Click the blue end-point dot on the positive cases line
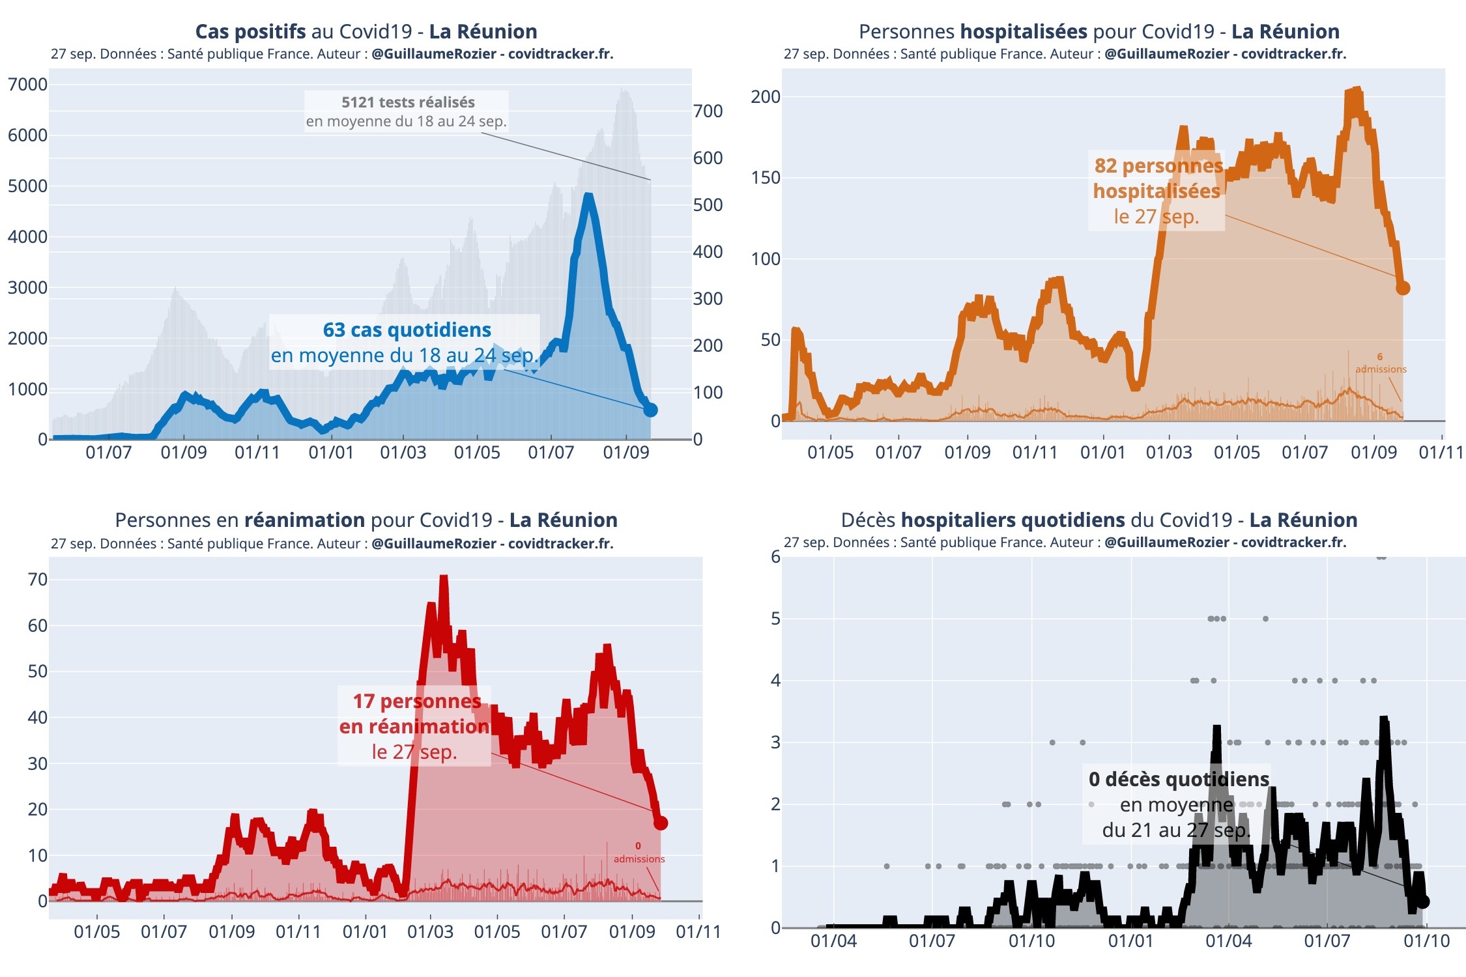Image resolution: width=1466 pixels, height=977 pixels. (x=650, y=410)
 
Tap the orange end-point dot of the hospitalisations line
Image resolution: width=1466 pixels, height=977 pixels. (x=1403, y=288)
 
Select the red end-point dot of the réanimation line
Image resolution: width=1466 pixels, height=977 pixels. (x=660, y=823)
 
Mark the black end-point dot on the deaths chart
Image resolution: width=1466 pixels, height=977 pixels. (x=1423, y=901)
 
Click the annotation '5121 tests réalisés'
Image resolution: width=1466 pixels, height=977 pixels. (x=408, y=102)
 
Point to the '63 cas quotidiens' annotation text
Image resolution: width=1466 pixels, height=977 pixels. (x=407, y=330)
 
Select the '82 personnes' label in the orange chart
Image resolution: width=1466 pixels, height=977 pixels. (x=1158, y=166)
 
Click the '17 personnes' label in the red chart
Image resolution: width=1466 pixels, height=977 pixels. (x=416, y=701)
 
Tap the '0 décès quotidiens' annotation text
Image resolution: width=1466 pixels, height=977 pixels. (x=1179, y=780)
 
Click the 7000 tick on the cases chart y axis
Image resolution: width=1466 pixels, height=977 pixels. (x=27, y=85)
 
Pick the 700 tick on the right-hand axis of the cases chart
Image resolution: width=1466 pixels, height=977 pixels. (x=708, y=111)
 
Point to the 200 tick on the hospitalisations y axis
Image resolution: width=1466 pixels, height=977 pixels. (x=765, y=97)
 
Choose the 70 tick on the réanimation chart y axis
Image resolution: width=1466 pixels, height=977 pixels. (x=38, y=580)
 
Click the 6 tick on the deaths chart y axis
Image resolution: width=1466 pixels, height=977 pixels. (x=775, y=557)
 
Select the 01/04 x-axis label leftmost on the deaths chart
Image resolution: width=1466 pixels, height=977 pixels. (x=833, y=941)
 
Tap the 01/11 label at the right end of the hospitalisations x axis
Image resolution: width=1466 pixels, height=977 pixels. (x=1441, y=453)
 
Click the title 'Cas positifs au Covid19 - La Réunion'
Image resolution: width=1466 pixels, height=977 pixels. (x=366, y=32)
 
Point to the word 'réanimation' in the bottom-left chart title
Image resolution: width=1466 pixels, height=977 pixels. (x=304, y=520)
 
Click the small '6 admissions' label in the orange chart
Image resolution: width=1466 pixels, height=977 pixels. (x=1381, y=363)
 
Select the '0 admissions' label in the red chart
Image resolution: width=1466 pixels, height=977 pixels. (x=639, y=853)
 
